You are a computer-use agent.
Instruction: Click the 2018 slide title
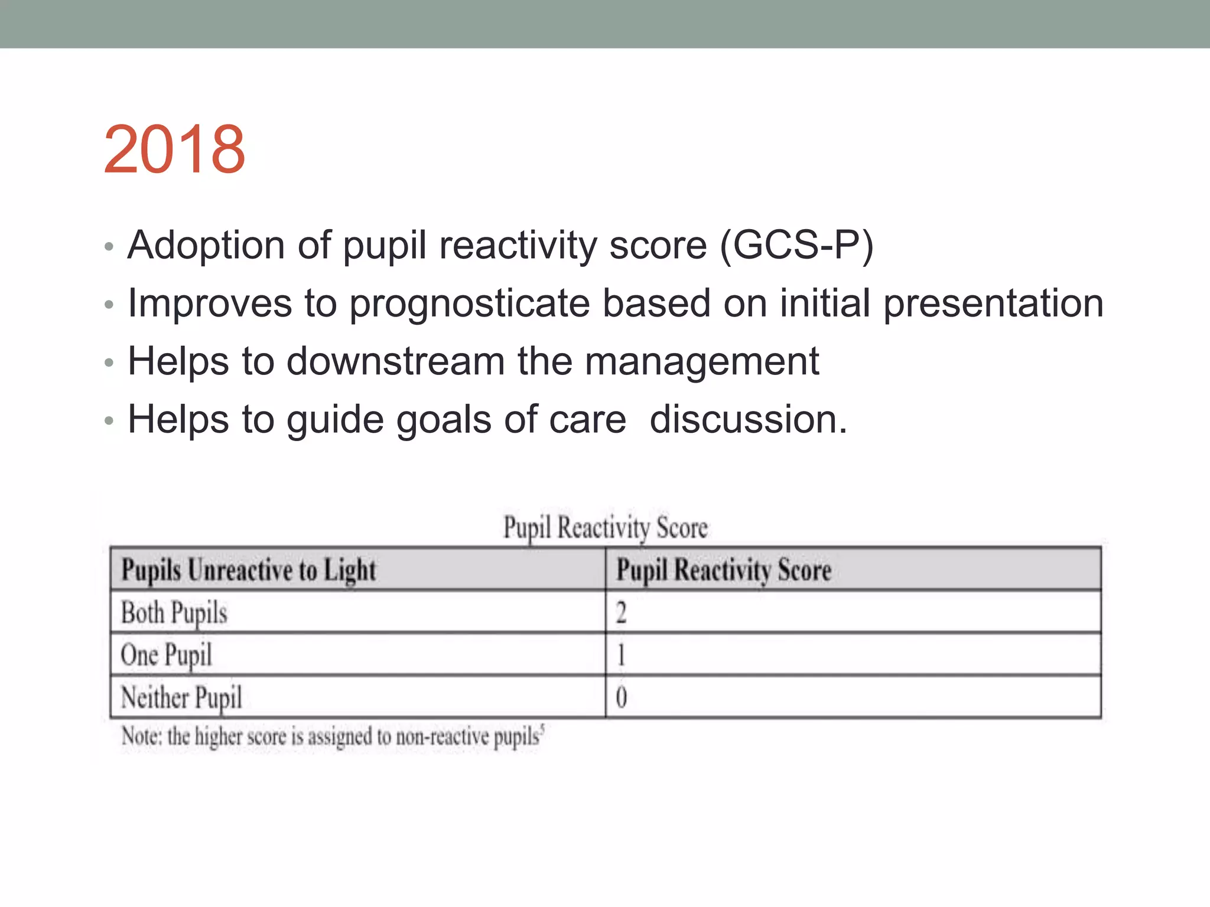pyautogui.click(x=174, y=149)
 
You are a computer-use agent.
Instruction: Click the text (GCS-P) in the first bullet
pyautogui.click(x=796, y=245)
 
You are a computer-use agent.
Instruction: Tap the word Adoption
pyautogui.click(x=206, y=245)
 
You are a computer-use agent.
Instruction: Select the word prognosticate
pyautogui.click(x=470, y=304)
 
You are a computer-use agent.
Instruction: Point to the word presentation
pyautogui.click(x=993, y=304)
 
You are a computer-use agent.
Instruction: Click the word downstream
pyautogui.click(x=395, y=361)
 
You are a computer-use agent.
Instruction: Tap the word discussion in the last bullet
pyautogui.click(x=748, y=420)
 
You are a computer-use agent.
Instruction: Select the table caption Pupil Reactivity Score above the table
pyautogui.click(x=605, y=527)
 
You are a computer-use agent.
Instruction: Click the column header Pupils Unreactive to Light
pyautogui.click(x=248, y=570)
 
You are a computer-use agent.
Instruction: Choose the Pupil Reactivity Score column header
pyautogui.click(x=724, y=570)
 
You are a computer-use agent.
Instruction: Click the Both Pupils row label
pyautogui.click(x=174, y=612)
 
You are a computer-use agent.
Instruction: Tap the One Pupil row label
pyautogui.click(x=166, y=655)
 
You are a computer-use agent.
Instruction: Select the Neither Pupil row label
pyautogui.click(x=181, y=697)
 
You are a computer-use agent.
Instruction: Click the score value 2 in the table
pyautogui.click(x=621, y=612)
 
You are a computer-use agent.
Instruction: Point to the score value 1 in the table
pyautogui.click(x=621, y=655)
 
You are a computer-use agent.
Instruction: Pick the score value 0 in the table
pyautogui.click(x=621, y=697)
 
